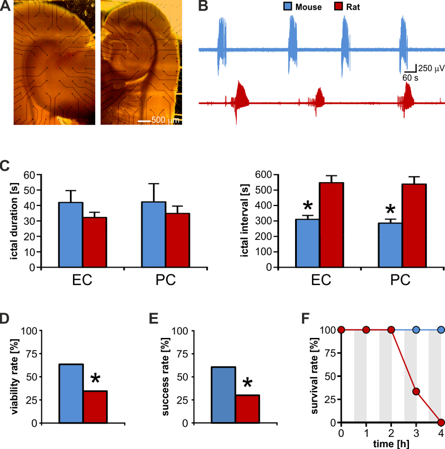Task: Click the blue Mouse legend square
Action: [x=287, y=7]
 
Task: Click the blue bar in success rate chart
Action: [x=223, y=394]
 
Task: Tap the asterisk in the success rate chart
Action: [x=247, y=383]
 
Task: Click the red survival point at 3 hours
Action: [x=416, y=391]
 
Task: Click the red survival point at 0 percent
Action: [x=441, y=422]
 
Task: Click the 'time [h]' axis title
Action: [x=391, y=443]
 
